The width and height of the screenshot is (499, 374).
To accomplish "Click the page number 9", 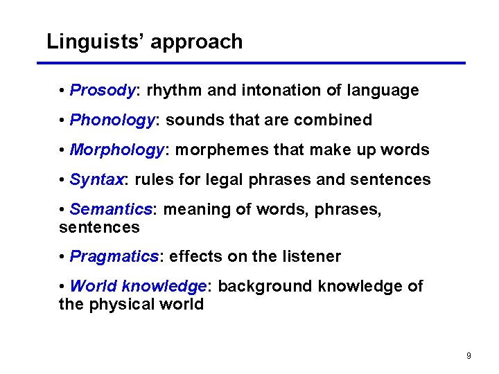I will [x=469, y=356].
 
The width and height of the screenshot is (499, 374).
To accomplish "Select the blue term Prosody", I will [x=103, y=91].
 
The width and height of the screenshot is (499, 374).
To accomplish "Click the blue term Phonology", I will [x=113, y=121].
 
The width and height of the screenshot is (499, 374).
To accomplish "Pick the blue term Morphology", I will [x=116, y=150].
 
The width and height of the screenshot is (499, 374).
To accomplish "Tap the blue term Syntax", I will [x=96, y=180].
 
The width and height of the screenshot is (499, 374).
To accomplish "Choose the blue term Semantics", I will [x=111, y=209].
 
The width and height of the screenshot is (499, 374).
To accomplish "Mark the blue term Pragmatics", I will [x=114, y=257].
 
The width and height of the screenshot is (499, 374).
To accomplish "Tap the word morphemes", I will [x=222, y=150].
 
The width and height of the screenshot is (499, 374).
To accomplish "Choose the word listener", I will [x=311, y=257].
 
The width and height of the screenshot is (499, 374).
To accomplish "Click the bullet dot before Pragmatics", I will [x=62, y=257].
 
